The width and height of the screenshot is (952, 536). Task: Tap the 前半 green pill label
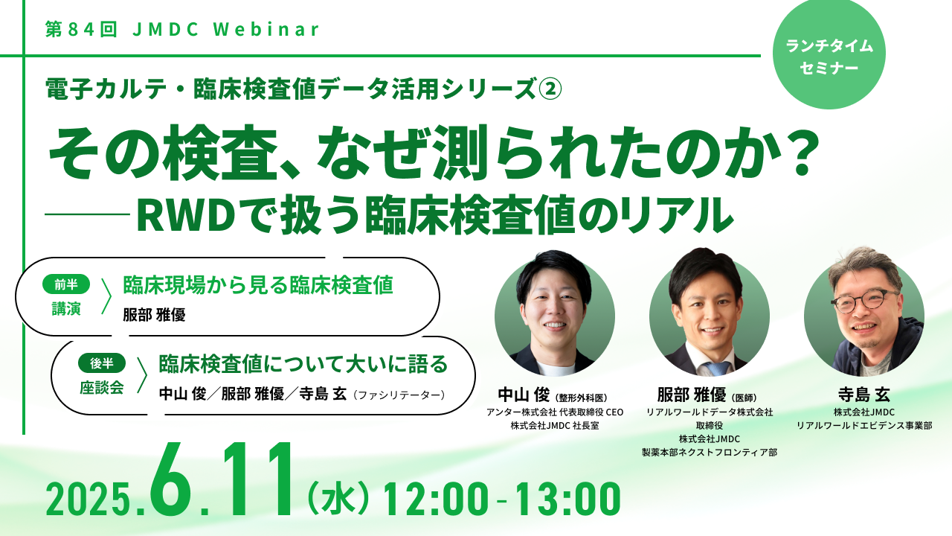coord(66,284)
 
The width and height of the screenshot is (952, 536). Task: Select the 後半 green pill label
coord(102,363)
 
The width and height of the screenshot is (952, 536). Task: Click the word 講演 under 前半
coord(66,309)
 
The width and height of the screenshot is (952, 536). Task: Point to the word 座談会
coord(102,388)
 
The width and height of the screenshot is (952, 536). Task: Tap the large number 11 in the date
coord(258,479)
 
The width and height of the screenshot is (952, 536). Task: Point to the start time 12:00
coord(437,499)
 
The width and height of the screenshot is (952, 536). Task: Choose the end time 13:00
coord(568,499)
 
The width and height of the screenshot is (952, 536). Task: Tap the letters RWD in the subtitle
coord(186,215)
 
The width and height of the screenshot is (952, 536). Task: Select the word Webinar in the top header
coord(266,29)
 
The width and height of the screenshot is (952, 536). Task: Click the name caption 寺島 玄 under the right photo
coord(864,395)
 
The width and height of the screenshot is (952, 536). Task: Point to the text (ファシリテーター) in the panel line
coord(398,395)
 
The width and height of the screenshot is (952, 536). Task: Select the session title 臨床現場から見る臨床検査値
coord(258,285)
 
